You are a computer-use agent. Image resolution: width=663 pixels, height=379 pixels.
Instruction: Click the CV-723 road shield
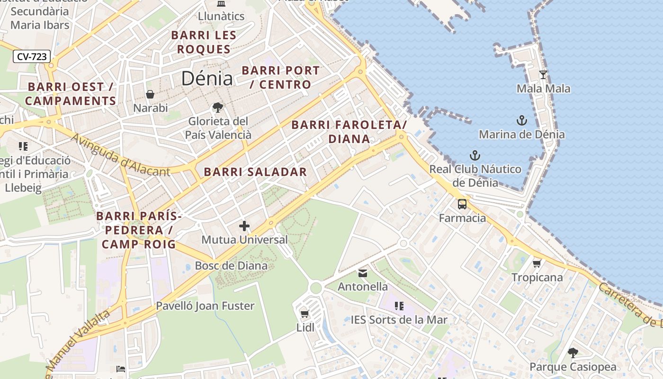click(32, 57)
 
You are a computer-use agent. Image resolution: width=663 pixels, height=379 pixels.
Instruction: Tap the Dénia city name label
click(207, 79)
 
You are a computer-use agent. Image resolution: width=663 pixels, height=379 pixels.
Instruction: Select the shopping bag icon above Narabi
click(150, 94)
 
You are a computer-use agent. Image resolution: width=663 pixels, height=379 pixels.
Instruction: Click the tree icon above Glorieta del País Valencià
click(218, 108)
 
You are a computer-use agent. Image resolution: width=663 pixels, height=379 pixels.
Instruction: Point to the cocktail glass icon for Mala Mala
click(543, 75)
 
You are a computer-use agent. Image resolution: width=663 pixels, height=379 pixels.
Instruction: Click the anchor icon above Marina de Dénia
click(521, 120)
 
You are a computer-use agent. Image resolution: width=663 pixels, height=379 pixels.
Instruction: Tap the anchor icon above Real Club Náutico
click(475, 155)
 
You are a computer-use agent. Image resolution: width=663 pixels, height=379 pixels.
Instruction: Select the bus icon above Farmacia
click(462, 204)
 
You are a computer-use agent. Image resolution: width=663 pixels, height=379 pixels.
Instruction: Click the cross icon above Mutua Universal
click(244, 226)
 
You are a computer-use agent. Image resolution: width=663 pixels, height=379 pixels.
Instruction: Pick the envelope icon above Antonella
click(363, 273)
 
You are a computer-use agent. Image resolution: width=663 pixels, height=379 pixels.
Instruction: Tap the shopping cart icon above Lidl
click(305, 314)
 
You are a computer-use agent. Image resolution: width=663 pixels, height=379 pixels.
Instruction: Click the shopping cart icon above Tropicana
click(537, 263)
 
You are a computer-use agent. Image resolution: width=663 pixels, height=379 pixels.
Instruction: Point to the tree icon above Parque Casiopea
click(573, 352)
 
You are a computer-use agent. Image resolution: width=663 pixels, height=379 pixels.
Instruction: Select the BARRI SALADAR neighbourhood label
click(255, 172)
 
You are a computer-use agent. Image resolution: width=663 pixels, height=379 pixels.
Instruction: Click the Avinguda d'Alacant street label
click(120, 155)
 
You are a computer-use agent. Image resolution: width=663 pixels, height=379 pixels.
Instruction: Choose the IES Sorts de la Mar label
click(399, 320)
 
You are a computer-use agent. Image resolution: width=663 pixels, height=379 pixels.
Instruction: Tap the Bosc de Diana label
click(231, 265)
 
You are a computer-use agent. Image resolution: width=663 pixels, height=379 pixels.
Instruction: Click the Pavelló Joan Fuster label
click(205, 306)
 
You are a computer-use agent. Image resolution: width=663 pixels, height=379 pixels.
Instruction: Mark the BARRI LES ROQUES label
click(204, 42)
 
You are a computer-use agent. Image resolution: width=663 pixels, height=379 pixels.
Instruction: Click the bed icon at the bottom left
click(121, 369)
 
